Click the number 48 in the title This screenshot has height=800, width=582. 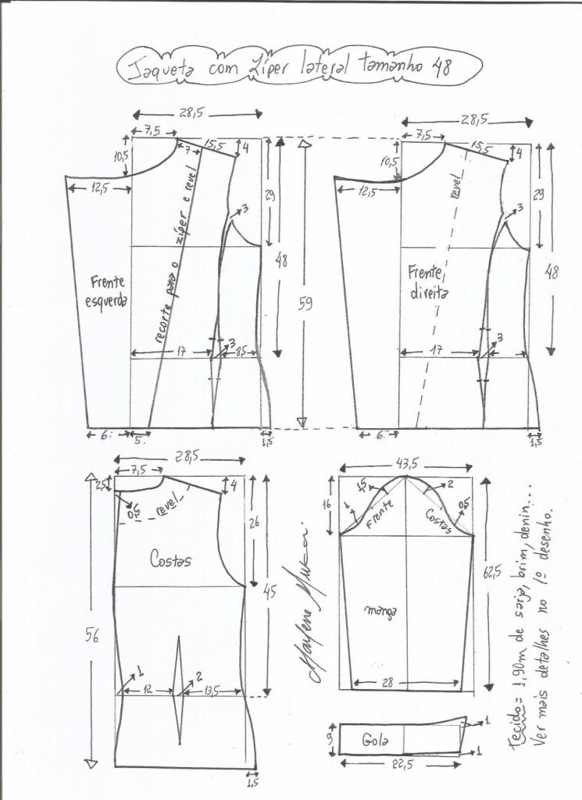coord(443,66)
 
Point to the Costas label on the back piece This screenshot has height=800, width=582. coord(172,559)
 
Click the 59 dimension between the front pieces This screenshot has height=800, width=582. coord(305,304)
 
